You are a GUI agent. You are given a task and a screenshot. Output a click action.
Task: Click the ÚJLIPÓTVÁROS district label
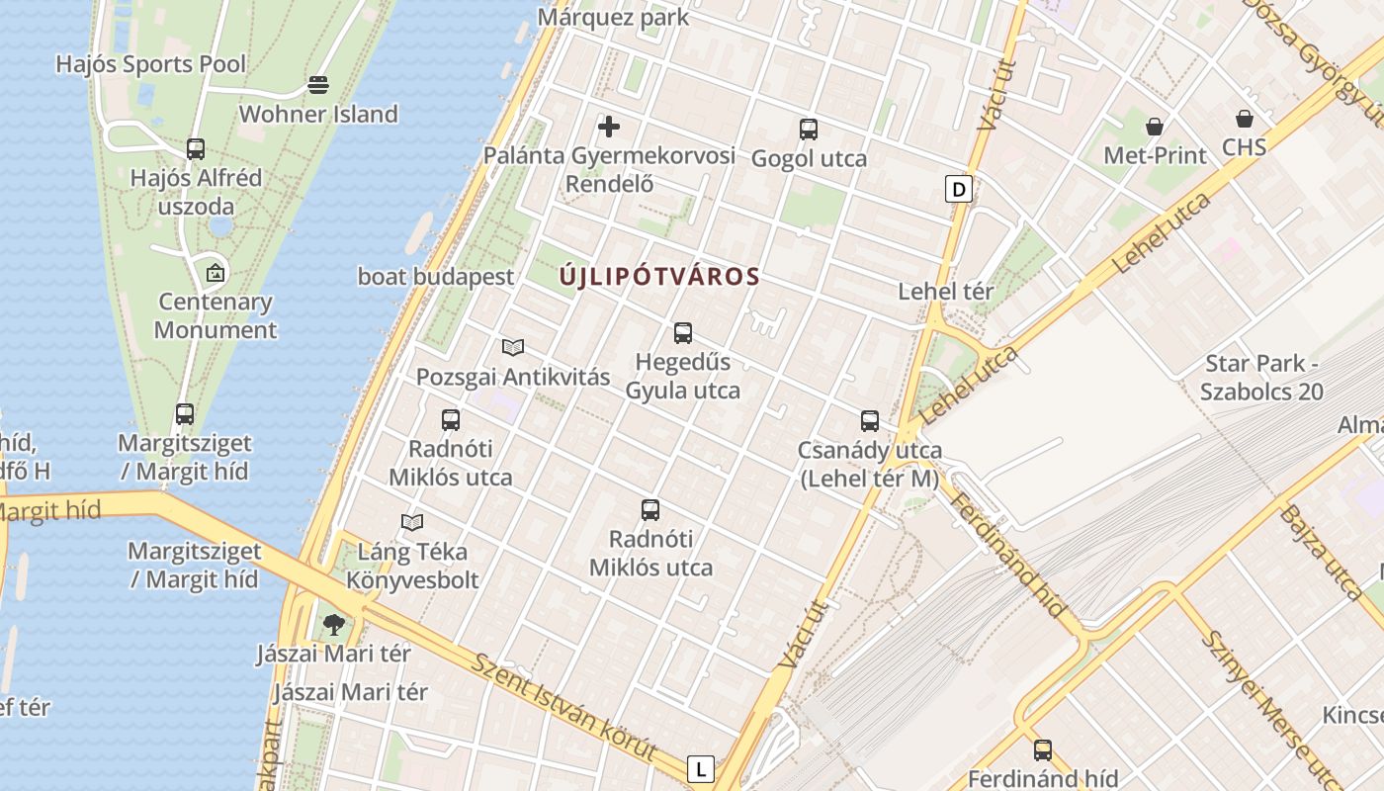[x=659, y=277]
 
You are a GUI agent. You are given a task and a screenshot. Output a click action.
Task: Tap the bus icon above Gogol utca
[x=809, y=129]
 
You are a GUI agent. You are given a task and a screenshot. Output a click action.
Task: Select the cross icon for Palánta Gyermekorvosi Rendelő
[x=609, y=127]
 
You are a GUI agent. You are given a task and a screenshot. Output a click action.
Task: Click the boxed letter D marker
[x=958, y=189]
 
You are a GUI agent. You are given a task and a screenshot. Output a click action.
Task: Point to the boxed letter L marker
[x=701, y=768]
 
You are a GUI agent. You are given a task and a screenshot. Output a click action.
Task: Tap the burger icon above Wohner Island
[x=318, y=85]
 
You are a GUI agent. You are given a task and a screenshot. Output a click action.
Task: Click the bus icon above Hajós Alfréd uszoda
[x=196, y=149]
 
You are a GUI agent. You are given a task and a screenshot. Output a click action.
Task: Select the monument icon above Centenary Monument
[x=216, y=273]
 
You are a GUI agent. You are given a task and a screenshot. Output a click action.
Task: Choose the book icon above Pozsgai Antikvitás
[x=512, y=347]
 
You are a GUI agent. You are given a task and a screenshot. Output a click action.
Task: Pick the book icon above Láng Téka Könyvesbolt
[x=412, y=522]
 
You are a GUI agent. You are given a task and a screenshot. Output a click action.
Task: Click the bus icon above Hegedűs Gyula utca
[x=682, y=333]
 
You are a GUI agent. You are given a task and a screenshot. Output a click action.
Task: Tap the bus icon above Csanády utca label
[x=870, y=421]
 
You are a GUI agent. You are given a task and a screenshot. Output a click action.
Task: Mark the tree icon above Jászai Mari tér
[x=334, y=624]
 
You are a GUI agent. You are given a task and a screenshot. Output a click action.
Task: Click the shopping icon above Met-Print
[x=1155, y=127]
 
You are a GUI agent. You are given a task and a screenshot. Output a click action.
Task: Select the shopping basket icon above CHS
[x=1245, y=119]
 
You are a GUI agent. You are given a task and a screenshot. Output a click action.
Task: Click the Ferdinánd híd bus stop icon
[x=1043, y=749]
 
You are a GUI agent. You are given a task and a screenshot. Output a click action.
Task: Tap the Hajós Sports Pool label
[x=151, y=65]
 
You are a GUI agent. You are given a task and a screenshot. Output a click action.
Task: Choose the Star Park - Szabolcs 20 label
[x=1261, y=377]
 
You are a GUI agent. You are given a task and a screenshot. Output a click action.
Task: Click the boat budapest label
[x=436, y=277]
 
